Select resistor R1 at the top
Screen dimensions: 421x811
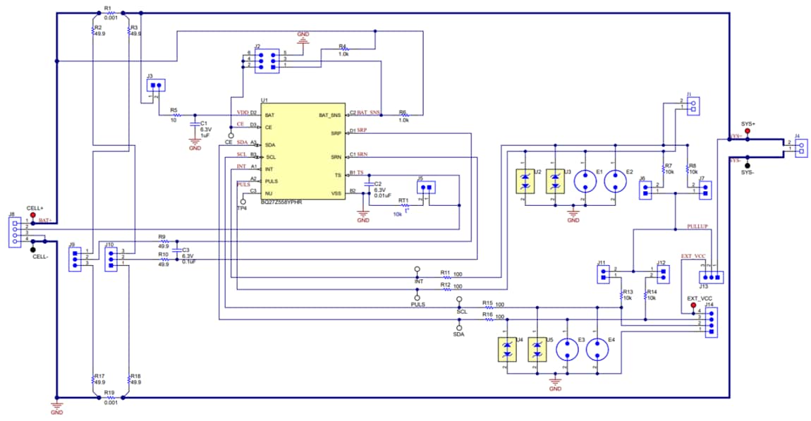tap(109, 13)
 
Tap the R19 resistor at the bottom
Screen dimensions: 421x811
tap(109, 397)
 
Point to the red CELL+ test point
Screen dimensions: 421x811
tap(32, 215)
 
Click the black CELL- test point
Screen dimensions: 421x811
tap(33, 248)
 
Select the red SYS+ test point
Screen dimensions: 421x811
tap(748, 131)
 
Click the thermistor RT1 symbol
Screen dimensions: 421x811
tap(405, 206)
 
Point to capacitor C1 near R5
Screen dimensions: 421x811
tap(195, 125)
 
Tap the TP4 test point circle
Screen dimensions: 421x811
tap(243, 201)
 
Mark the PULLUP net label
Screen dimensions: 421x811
tap(699, 226)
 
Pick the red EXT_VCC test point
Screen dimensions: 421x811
tap(693, 306)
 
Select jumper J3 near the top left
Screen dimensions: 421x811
tap(157, 86)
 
